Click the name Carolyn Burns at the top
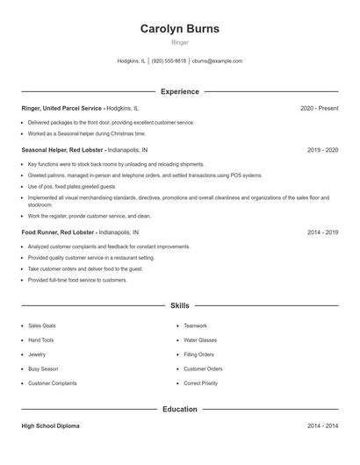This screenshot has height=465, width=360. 180,29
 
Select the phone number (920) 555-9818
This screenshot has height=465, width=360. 169,61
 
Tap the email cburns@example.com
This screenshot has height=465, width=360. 218,61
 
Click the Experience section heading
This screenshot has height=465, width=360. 180,91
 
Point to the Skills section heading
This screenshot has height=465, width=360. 180,305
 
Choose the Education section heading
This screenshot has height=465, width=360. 180,409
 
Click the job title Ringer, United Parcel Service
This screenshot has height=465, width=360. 61,108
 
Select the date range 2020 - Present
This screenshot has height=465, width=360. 319,108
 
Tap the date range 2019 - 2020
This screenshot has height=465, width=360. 322,150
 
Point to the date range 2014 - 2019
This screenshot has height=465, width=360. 322,232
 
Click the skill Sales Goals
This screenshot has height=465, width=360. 42,325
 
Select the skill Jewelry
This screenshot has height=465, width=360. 37,354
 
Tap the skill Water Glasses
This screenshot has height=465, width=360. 199,340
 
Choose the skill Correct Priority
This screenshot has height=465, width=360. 200,383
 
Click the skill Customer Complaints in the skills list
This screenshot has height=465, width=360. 53,383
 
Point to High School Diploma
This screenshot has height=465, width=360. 50,426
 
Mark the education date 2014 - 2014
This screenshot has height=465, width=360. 322,426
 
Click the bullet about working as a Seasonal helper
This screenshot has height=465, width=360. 86,133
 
